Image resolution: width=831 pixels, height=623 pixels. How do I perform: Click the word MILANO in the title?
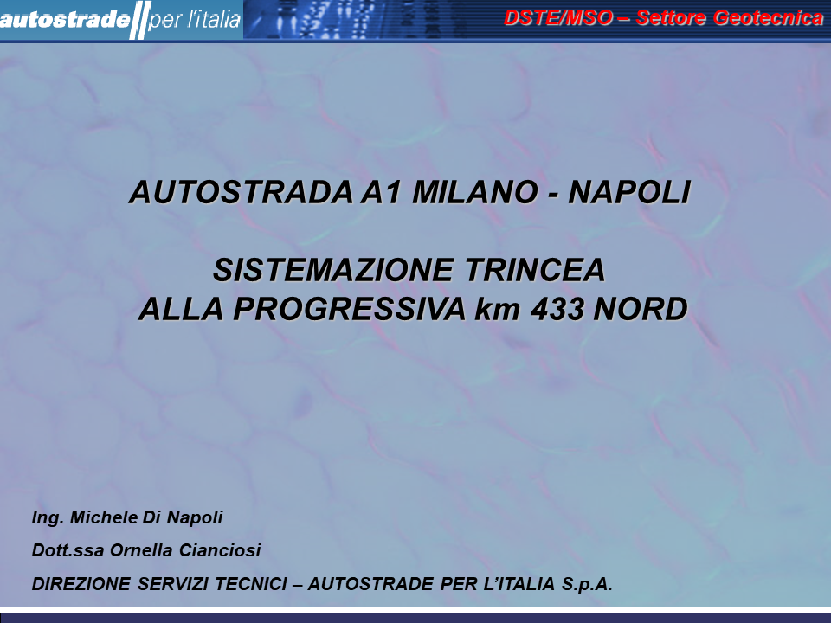point(475,192)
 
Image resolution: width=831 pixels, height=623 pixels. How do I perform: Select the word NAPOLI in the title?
point(629,192)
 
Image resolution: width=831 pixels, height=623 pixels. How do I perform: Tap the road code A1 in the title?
point(381,192)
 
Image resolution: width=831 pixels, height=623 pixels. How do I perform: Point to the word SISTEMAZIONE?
point(333,270)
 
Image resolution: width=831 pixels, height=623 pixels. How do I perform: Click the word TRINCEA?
point(535,270)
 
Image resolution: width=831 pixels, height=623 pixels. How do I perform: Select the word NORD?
point(641,309)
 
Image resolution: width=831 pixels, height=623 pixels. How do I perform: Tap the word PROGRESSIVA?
point(349,309)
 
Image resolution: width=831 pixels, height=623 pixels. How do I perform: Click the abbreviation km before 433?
point(498,310)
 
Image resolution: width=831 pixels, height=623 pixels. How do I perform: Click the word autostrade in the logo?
point(65,20)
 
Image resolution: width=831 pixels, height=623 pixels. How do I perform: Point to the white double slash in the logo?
point(140,20)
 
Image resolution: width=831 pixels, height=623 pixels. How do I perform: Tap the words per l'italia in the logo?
point(195,20)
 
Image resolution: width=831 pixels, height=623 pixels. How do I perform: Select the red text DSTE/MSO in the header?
point(558,17)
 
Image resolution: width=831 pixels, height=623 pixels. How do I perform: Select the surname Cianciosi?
point(220,550)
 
